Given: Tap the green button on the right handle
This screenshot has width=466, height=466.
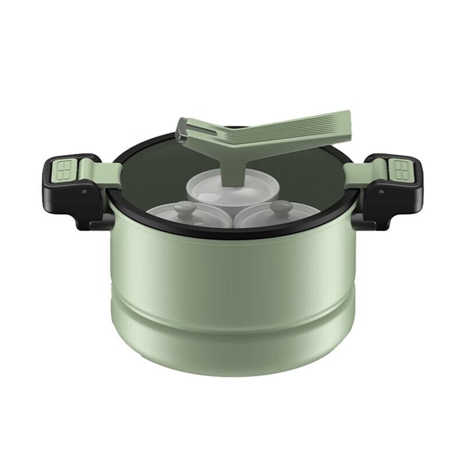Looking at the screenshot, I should (x=400, y=170).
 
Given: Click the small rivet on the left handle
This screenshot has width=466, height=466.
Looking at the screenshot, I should (x=85, y=190).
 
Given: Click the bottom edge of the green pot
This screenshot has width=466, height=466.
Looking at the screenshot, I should (x=233, y=373).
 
